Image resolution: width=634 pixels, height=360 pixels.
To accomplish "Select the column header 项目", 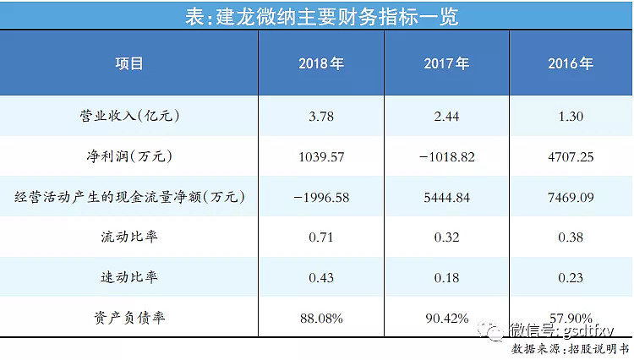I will coord(129,64).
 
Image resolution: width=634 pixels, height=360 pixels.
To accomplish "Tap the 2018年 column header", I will coord(320,64).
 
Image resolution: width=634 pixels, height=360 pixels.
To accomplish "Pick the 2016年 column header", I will coord(571,64).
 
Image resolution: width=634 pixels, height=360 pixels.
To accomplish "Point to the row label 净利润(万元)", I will coord(129,156).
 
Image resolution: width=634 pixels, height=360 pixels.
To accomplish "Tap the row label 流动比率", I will coord(129,237).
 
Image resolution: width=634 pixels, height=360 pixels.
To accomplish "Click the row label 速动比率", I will coord(129,276).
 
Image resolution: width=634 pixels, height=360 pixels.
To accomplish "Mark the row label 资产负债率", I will coord(129,318).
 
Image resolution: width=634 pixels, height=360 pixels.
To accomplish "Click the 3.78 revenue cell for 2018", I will coord(320,116).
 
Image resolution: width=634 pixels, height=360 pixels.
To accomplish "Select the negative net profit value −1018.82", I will coord(448,156).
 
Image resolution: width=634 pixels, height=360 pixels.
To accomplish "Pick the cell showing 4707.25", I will coord(571,156).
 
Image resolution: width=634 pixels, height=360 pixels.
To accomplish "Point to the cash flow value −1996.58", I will coord(320,197).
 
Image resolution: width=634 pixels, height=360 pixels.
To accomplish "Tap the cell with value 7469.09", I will coord(571,197).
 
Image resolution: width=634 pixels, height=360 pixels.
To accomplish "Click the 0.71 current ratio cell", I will coord(320,237).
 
